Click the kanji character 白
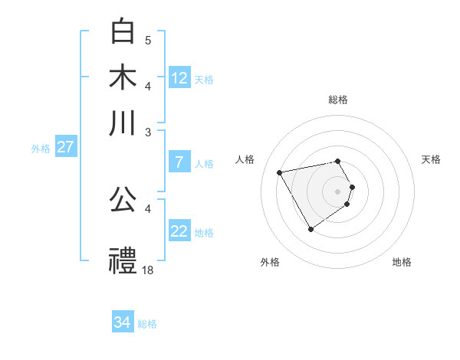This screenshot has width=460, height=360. tap(123, 31)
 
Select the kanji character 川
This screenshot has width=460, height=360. tap(123, 123)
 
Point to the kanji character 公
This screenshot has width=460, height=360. tap(123, 200)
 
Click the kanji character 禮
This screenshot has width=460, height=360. tap(123, 260)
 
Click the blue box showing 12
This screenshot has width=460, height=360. tap(179, 78)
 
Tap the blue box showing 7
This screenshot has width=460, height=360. tap(179, 162)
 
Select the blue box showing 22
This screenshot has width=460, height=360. tap(179, 231)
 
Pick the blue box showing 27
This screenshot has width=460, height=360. tap(65, 147)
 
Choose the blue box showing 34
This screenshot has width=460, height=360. tap(123, 322)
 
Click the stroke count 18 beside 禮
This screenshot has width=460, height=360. tap(149, 270)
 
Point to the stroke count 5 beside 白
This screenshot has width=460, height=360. tap(148, 40)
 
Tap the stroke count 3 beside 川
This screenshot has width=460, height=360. tap(148, 132)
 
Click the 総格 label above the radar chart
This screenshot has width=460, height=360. tap(338, 100)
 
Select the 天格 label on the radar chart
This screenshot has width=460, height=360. tap(432, 159)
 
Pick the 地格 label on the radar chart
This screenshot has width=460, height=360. tap(402, 262)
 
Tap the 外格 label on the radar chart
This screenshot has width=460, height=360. tap(270, 262)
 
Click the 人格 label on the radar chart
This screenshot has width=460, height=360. tap(245, 159)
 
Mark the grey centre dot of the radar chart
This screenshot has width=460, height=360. tap(338, 191)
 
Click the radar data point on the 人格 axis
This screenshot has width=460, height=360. tap(280, 172)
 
